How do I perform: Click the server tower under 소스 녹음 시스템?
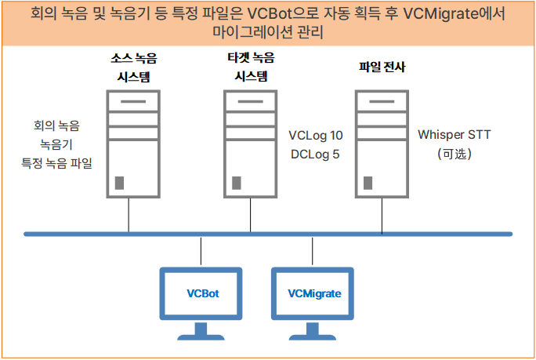[x=129, y=144]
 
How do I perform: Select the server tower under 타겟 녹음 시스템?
[x=251, y=144]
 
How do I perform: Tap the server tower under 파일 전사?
[x=381, y=144]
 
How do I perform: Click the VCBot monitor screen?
[x=201, y=293]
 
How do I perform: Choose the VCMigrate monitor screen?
[x=313, y=293]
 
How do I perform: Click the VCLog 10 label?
[x=316, y=134]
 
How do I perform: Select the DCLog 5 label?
[x=314, y=154]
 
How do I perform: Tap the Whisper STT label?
[x=454, y=134]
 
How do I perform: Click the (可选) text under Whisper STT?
[x=454, y=154]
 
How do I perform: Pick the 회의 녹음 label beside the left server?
[x=56, y=125]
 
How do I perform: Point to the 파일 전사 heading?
[x=381, y=68]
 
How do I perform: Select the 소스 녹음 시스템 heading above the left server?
[x=130, y=67]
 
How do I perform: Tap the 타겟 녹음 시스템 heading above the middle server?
[x=251, y=67]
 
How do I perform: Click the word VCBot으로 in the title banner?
[x=278, y=14]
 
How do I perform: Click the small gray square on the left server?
[x=119, y=184]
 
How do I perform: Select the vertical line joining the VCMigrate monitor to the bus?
[x=313, y=250]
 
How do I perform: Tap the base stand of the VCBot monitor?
[x=201, y=338]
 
